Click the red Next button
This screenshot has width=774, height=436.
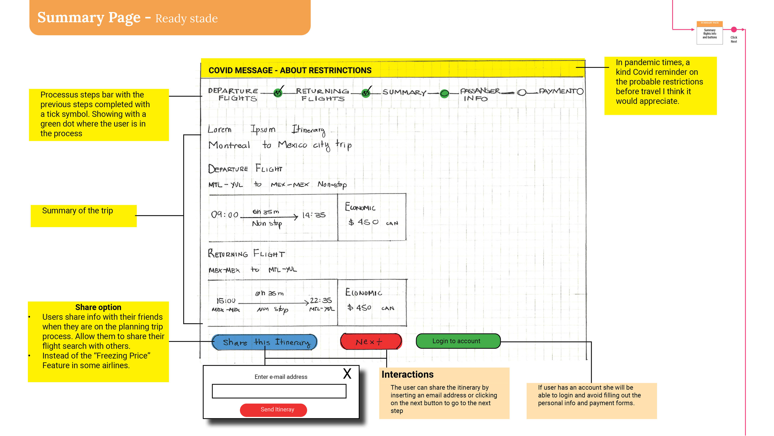pyautogui.click(x=371, y=342)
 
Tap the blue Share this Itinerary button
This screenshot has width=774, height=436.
pyautogui.click(x=264, y=342)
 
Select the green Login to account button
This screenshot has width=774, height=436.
pyautogui.click(x=458, y=341)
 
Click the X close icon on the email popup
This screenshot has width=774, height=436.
pyautogui.click(x=347, y=374)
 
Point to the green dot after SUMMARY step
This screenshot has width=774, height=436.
pyautogui.click(x=444, y=94)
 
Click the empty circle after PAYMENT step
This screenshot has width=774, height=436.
pyautogui.click(x=580, y=91)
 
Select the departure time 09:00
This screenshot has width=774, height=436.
pyautogui.click(x=225, y=215)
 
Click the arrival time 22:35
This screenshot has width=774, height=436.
pyautogui.click(x=321, y=300)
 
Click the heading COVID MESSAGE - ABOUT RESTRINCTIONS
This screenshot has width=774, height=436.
pyautogui.click(x=290, y=70)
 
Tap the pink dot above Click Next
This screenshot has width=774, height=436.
pyautogui.click(x=734, y=29)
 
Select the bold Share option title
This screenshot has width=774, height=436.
pyautogui.click(x=98, y=307)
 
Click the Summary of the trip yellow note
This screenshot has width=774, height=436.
pyautogui.click(x=83, y=216)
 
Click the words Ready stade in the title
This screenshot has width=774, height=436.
pyautogui.click(x=186, y=19)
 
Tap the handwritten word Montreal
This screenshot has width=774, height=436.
pyautogui.click(x=229, y=145)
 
